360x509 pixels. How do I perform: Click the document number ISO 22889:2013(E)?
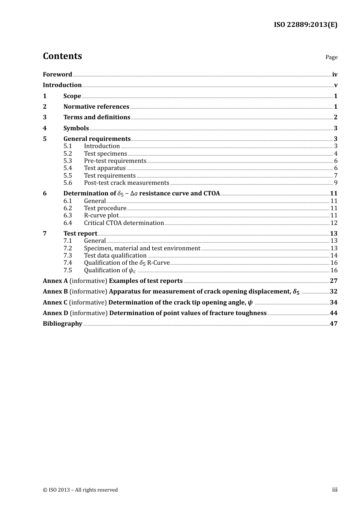[305, 25]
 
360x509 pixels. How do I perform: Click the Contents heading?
[62, 56]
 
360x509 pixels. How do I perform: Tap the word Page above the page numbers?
[331, 57]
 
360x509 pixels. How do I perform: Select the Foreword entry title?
[57, 75]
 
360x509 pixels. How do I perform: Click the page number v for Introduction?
[335, 85]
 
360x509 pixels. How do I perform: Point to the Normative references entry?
[96, 107]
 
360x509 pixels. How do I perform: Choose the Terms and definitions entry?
[97, 117]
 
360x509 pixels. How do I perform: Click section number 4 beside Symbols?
[45, 128]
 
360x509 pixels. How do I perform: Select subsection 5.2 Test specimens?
[105, 154]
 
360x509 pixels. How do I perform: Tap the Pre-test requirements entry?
[115, 161]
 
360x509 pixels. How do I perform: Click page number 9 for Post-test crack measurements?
[335, 183]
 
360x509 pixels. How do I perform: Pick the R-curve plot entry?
[101, 215]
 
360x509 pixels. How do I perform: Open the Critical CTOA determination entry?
[124, 223]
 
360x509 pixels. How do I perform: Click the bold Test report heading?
[80, 234]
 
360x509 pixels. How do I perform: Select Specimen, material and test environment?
[142, 248]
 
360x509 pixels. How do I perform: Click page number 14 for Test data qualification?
[334, 256]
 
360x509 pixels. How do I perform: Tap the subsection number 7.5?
[68, 270]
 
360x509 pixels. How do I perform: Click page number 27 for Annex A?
[333, 281]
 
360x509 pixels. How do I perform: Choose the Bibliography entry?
[63, 324]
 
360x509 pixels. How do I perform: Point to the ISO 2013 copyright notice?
[80, 490]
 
